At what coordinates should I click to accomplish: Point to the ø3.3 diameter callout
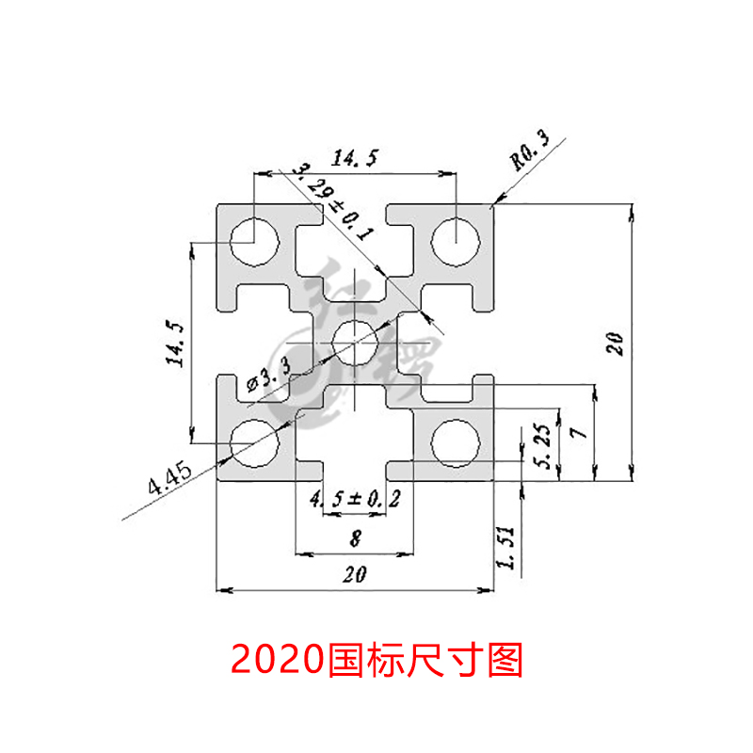click(x=268, y=376)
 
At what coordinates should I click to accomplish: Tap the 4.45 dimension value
click(x=170, y=480)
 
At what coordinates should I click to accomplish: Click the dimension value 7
click(x=578, y=432)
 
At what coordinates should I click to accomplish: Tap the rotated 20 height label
click(x=615, y=343)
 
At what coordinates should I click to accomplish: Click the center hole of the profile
click(x=355, y=342)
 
